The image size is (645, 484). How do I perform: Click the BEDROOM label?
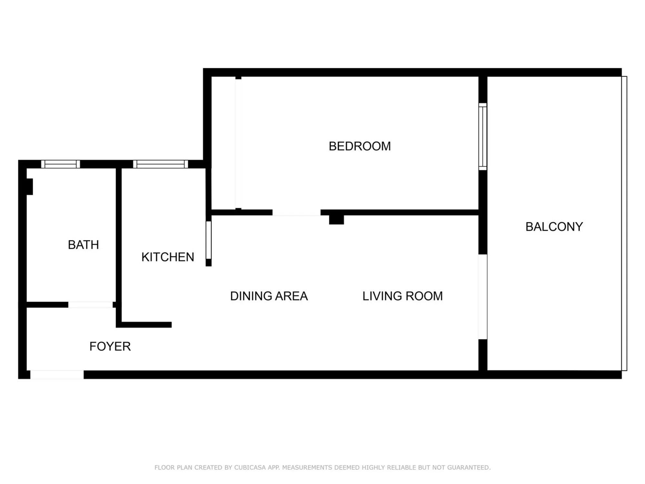(x=360, y=146)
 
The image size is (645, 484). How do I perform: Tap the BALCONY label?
(x=554, y=227)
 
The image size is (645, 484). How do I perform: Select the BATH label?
(x=83, y=245)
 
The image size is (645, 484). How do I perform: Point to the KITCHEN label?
(x=168, y=257)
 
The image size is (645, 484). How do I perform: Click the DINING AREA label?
(x=269, y=296)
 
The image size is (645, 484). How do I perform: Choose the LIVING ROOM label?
(x=402, y=296)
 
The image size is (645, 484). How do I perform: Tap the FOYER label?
(x=110, y=346)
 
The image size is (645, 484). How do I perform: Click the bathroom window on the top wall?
(x=60, y=164)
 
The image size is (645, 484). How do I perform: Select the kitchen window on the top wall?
(x=161, y=164)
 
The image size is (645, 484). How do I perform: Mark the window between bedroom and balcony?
(x=482, y=136)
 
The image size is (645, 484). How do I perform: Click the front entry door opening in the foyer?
(x=57, y=375)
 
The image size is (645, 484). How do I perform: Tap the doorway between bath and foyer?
(x=91, y=305)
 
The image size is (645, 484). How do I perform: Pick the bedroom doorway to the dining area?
(x=296, y=212)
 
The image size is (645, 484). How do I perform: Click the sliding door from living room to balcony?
(x=482, y=297)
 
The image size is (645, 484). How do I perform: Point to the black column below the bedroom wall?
(x=336, y=220)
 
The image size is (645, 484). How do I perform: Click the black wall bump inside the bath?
(x=29, y=187)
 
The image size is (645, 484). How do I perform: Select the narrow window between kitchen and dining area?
(x=208, y=240)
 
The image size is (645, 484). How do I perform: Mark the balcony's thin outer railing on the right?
(x=624, y=223)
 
